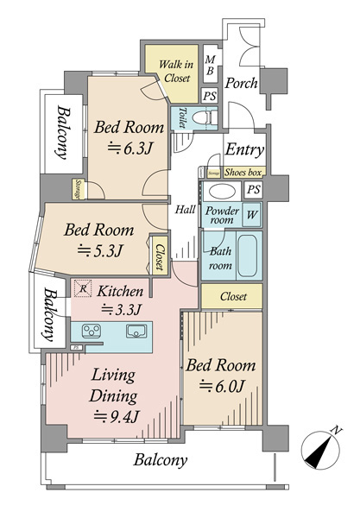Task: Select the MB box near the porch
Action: click(x=210, y=65)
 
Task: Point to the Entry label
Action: click(x=244, y=149)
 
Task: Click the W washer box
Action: click(x=252, y=213)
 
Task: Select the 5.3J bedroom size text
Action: click(x=101, y=252)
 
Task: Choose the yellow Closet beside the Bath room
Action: click(x=233, y=296)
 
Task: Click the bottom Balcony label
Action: click(x=160, y=460)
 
